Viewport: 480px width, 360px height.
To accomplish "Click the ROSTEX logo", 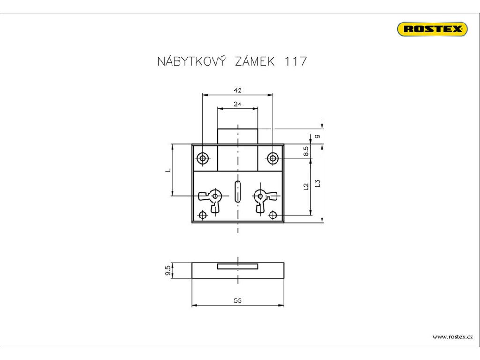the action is point(432,29).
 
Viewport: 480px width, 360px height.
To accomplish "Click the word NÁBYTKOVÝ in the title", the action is point(192,61).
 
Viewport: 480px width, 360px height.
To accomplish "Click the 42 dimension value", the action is point(238,90).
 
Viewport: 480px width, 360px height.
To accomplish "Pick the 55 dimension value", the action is point(238,301).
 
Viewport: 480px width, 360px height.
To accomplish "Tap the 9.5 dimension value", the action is point(168,270).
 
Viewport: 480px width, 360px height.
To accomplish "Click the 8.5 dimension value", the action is point(306,151).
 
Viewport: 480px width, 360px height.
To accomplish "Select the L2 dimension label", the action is point(306,187).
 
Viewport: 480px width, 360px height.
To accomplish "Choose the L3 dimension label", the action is point(318,183).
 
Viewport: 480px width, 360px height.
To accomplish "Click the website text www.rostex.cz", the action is point(452,337).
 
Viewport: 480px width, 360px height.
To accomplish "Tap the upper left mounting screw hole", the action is point(202,158).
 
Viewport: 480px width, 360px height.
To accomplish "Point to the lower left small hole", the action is point(202,216).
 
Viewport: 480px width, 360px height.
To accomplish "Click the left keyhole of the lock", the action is point(215,196).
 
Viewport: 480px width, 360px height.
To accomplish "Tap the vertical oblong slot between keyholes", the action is point(238,191).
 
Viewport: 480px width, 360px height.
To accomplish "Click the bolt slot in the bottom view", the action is point(238,266).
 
